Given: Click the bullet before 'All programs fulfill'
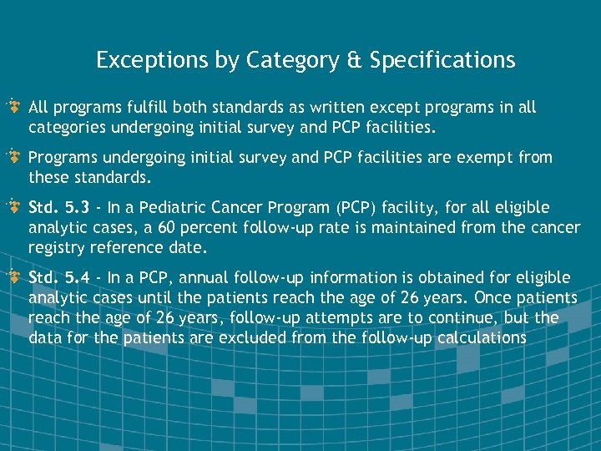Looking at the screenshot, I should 14,107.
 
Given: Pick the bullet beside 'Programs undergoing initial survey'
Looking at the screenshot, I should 14,157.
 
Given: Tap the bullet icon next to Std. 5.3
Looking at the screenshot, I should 14,207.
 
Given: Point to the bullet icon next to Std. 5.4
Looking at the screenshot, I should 14,277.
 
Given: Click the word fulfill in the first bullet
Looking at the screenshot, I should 123,108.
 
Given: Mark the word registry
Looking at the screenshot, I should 55,247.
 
